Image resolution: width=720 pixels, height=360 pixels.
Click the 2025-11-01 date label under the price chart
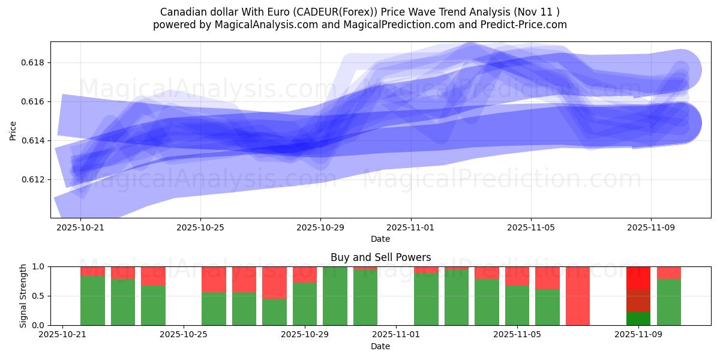pos(411,228)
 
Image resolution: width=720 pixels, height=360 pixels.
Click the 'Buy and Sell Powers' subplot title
pos(380,257)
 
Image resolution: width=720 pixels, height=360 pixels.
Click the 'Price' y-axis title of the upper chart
pos(13,130)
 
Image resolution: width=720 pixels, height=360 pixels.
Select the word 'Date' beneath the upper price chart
pos(380,239)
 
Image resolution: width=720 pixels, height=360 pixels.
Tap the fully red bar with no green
pos(578,296)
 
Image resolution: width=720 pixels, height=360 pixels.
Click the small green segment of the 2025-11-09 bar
pos(638,319)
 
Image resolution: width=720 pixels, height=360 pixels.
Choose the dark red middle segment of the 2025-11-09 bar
pos(638,301)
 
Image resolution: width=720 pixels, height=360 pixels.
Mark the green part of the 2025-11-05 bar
pos(517,305)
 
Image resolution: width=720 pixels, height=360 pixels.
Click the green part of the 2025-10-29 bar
pos(305,304)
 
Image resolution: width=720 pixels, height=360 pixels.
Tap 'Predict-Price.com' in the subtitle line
pos(528,25)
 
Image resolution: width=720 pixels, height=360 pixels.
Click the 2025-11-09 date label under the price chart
pos(651,228)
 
